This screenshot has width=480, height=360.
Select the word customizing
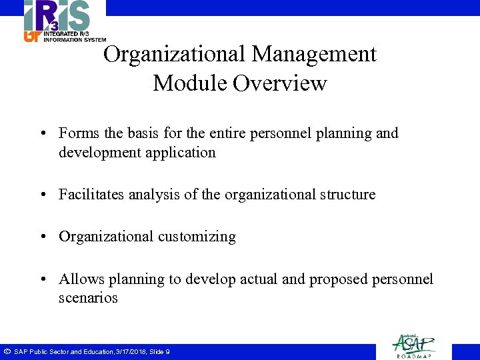197,237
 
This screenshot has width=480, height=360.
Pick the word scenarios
88,297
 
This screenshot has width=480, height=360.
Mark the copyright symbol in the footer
6,351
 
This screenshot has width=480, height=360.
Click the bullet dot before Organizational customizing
43,237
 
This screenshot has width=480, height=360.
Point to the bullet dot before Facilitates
43,195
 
